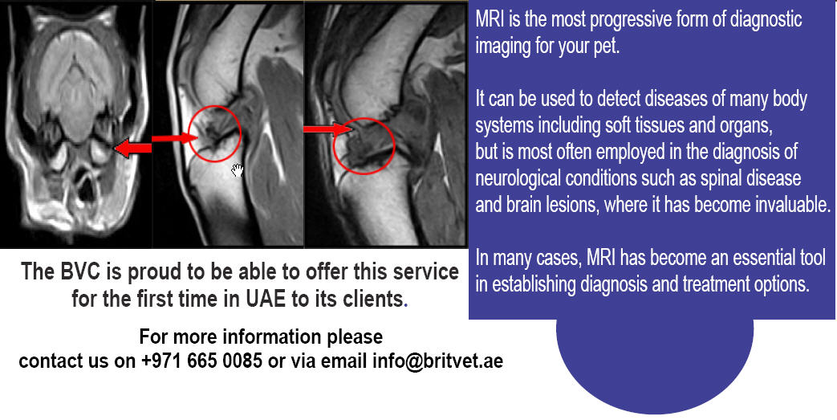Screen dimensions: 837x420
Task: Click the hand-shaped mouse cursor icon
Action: tap(238, 171)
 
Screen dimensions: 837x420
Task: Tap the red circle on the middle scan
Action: tap(215, 133)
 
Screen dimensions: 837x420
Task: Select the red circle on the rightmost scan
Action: tap(364, 146)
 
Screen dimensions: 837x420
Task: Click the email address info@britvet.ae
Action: tap(437, 361)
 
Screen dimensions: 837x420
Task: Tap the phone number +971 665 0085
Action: tap(201, 361)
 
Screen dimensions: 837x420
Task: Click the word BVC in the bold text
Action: tap(77, 271)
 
